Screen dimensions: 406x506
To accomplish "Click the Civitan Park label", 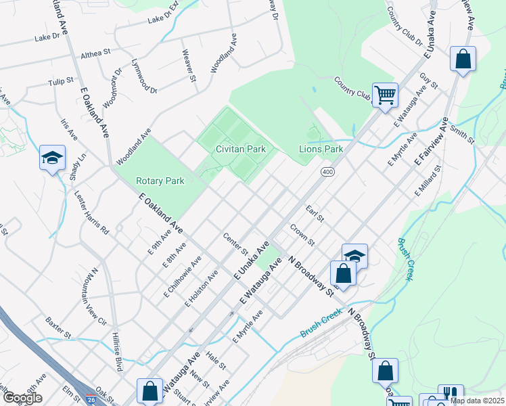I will click(240, 149).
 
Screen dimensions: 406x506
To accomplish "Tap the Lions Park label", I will click(321, 149).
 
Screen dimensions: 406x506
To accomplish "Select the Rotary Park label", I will click(160, 181).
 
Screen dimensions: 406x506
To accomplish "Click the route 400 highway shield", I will click(327, 173).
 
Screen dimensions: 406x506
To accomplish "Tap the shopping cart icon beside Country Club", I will click(385, 95).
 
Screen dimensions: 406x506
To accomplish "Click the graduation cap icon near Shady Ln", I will click(53, 158).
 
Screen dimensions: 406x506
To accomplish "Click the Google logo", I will click(22, 398).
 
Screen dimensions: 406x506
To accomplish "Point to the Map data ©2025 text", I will click(476, 401).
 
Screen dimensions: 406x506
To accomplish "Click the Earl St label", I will click(315, 215).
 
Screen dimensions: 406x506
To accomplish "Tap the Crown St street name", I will click(302, 234).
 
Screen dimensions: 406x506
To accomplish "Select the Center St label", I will click(235, 244).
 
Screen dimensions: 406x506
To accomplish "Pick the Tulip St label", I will click(60, 81).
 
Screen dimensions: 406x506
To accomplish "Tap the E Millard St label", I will click(428, 181).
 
